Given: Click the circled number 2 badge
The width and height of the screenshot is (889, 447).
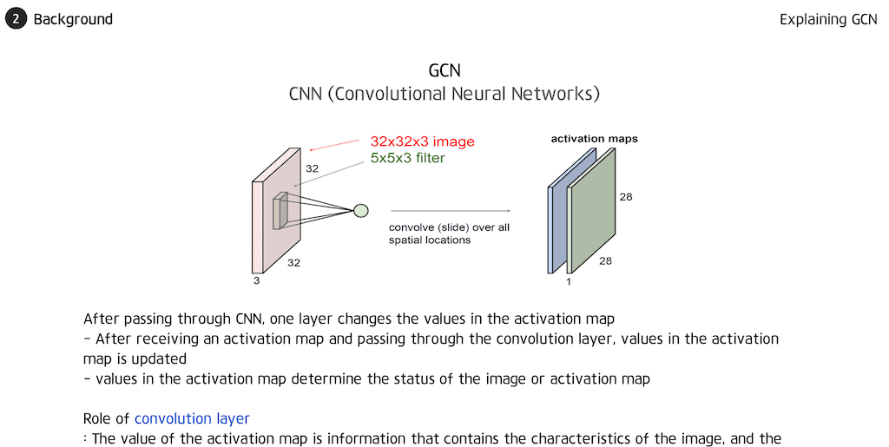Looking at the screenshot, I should [16, 18].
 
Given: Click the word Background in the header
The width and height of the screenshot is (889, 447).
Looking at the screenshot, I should [73, 19].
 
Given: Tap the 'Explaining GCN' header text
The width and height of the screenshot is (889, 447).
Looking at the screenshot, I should [828, 19].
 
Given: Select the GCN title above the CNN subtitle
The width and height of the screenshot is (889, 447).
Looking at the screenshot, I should [444, 70].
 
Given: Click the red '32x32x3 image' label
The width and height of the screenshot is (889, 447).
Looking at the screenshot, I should [422, 141].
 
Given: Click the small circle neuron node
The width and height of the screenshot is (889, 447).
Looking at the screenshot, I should [360, 209].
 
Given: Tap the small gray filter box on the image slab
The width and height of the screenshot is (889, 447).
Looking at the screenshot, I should [280, 212].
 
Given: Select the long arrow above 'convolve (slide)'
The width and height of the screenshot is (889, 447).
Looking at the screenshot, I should [450, 210].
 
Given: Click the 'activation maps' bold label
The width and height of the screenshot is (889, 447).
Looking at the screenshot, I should [595, 139].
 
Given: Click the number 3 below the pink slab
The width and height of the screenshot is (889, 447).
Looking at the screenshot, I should [255, 280].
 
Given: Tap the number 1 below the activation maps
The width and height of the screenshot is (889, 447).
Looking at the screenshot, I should [569, 282].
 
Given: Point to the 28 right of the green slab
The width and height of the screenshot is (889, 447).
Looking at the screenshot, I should [626, 197].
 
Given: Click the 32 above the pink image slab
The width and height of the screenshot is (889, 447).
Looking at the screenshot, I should [312, 168].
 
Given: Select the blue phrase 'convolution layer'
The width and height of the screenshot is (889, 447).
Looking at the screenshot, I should [192, 418].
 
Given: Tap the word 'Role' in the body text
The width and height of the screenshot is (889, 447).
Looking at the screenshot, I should [99, 418].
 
